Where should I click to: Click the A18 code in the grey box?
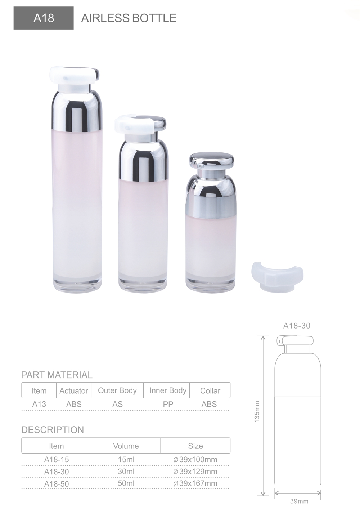point(44,18)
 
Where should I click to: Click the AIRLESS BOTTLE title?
point(129,18)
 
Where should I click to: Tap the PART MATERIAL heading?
point(57,375)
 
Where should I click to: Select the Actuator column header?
point(74,391)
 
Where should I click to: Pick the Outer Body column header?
point(117,390)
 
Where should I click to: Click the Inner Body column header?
point(168,390)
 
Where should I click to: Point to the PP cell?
point(168,404)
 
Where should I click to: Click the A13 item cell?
point(39,404)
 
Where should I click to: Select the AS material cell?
point(117,404)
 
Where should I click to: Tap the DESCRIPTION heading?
point(53,430)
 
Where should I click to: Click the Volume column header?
point(126,446)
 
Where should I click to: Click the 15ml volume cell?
point(126,460)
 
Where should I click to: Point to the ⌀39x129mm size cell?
point(195,472)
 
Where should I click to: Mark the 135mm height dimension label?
point(257,412)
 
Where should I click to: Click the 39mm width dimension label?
point(299,501)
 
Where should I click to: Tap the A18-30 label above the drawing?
point(297,326)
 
